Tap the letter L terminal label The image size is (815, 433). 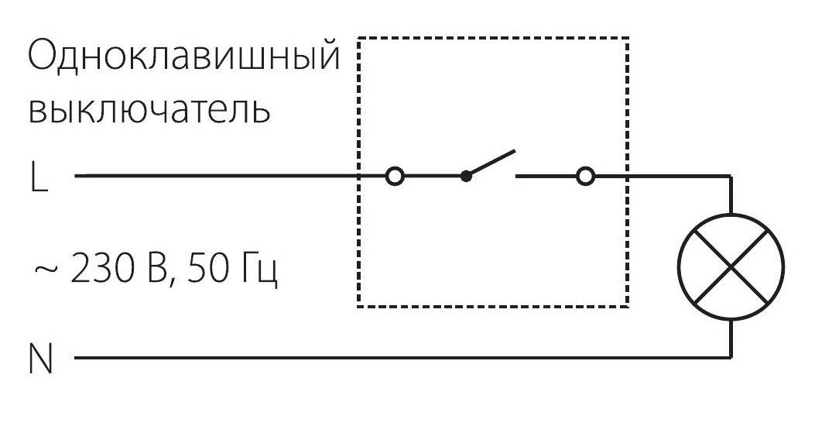[x=39, y=178]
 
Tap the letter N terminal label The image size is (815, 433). [x=40, y=359]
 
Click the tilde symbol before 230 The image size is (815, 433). [x=45, y=270]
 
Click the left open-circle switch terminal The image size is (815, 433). [x=395, y=177]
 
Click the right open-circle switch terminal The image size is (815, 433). [x=586, y=177]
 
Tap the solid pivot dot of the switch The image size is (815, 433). [x=465, y=177]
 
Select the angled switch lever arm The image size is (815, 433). [x=490, y=163]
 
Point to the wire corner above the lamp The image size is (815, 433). [x=731, y=177]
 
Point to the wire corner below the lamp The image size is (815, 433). [x=731, y=359]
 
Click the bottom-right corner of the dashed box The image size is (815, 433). [x=627, y=307]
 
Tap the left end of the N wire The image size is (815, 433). [x=75, y=359]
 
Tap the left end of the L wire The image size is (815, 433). [x=75, y=177]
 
